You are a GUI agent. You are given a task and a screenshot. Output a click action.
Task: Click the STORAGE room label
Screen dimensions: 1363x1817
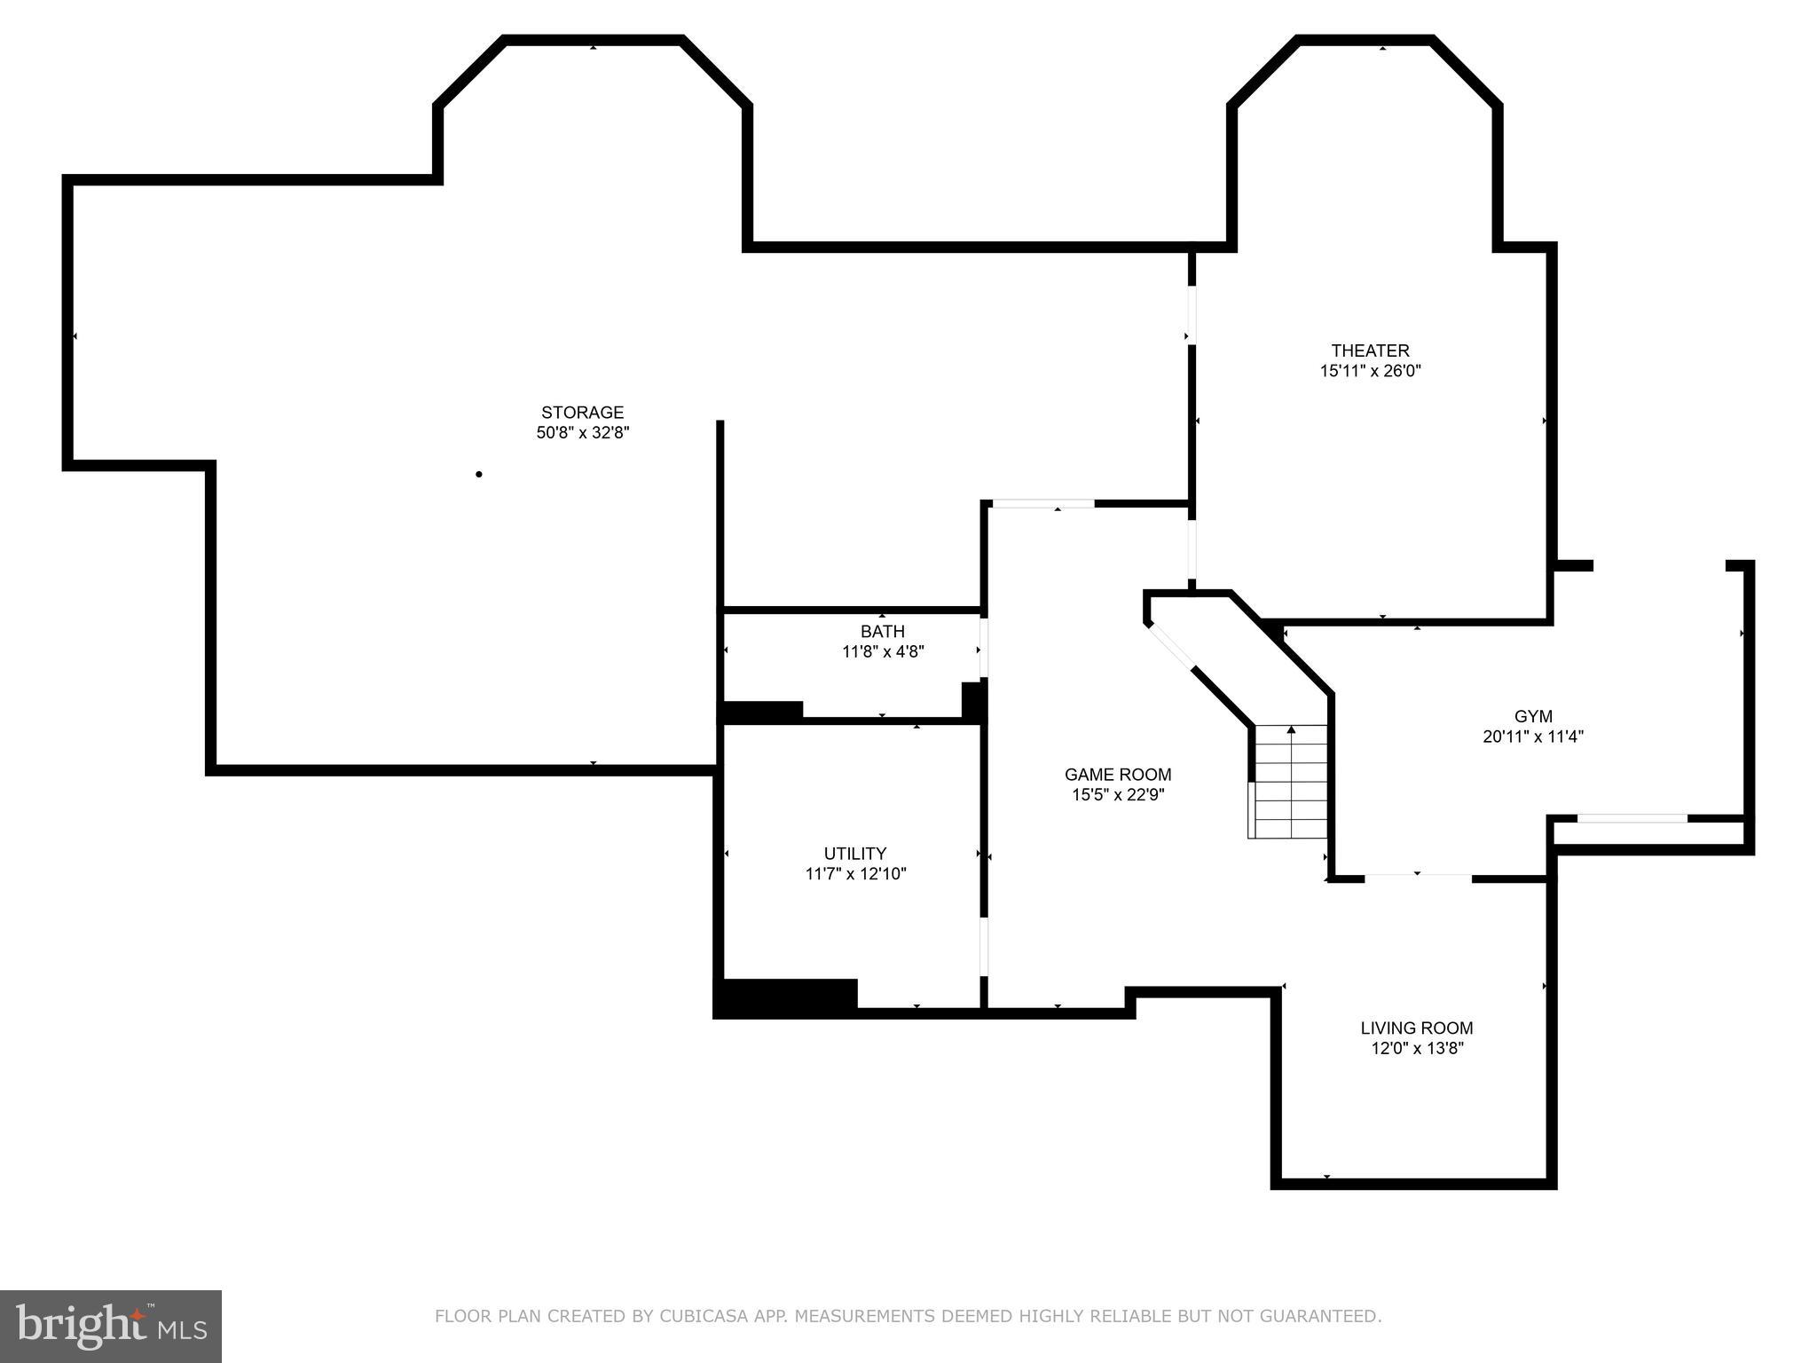pyautogui.click(x=582, y=413)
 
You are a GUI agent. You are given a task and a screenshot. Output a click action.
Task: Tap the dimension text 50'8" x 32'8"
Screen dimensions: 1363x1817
pyautogui.click(x=582, y=433)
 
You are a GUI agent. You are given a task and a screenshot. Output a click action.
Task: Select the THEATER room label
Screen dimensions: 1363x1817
pyautogui.click(x=1370, y=351)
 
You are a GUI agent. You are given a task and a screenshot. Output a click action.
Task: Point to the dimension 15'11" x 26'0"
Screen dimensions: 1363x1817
pyautogui.click(x=1370, y=371)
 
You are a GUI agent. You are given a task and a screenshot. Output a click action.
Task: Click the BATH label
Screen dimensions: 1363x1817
pyautogui.click(x=882, y=631)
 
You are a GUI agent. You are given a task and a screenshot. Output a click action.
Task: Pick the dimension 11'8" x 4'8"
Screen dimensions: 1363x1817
pyautogui.click(x=882, y=651)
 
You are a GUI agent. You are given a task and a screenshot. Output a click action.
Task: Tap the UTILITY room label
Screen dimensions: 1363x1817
pyautogui.click(x=854, y=854)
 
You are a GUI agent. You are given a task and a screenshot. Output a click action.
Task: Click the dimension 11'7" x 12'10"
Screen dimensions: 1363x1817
pyautogui.click(x=854, y=874)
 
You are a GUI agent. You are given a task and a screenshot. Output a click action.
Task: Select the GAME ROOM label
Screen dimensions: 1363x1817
pyautogui.click(x=1117, y=775)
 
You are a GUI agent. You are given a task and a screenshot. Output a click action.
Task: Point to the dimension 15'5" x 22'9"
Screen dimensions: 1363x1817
pyautogui.click(x=1117, y=795)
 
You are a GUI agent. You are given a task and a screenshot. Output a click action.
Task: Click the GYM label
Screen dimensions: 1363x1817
pyautogui.click(x=1532, y=716)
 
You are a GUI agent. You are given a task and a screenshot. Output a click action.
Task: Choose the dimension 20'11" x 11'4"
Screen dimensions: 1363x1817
pyautogui.click(x=1532, y=737)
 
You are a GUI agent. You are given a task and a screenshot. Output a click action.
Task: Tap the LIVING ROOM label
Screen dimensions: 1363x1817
pyautogui.click(x=1416, y=1028)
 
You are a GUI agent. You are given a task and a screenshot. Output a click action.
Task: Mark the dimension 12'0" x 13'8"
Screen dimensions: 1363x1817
pyautogui.click(x=1416, y=1049)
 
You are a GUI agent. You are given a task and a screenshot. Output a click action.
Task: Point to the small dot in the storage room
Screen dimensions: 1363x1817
pyautogui.click(x=479, y=475)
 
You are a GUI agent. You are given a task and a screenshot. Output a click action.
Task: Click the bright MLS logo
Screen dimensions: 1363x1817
pyautogui.click(x=110, y=1326)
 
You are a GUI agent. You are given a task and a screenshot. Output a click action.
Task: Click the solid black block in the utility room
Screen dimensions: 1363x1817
pyautogui.click(x=786, y=996)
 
